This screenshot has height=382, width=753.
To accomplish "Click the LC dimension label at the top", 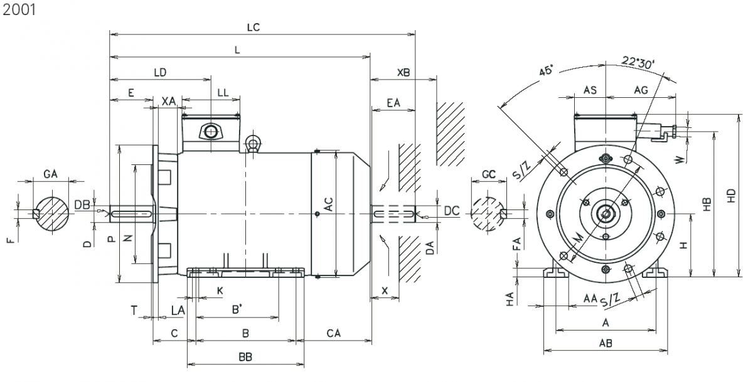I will [x=254, y=28].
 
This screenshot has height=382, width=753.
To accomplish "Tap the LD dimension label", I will [x=160, y=73].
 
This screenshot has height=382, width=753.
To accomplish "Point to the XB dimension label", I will [x=403, y=73].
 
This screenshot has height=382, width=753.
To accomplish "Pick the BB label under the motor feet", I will [x=245, y=357].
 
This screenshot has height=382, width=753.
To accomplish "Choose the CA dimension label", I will [x=333, y=333].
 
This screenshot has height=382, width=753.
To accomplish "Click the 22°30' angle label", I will [x=638, y=62].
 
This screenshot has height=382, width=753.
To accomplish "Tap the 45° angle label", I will [x=545, y=71].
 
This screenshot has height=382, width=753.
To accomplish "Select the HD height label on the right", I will [x=731, y=196].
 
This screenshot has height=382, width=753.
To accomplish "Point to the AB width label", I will [x=606, y=343].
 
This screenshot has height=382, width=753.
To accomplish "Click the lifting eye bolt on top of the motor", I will [x=254, y=144].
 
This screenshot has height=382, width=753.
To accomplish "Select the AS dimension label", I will [x=590, y=90].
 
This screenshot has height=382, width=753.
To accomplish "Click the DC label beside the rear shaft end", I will [x=452, y=211].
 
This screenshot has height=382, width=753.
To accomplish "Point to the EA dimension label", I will [x=393, y=102].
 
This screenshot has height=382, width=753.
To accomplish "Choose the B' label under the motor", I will [x=237, y=310].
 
